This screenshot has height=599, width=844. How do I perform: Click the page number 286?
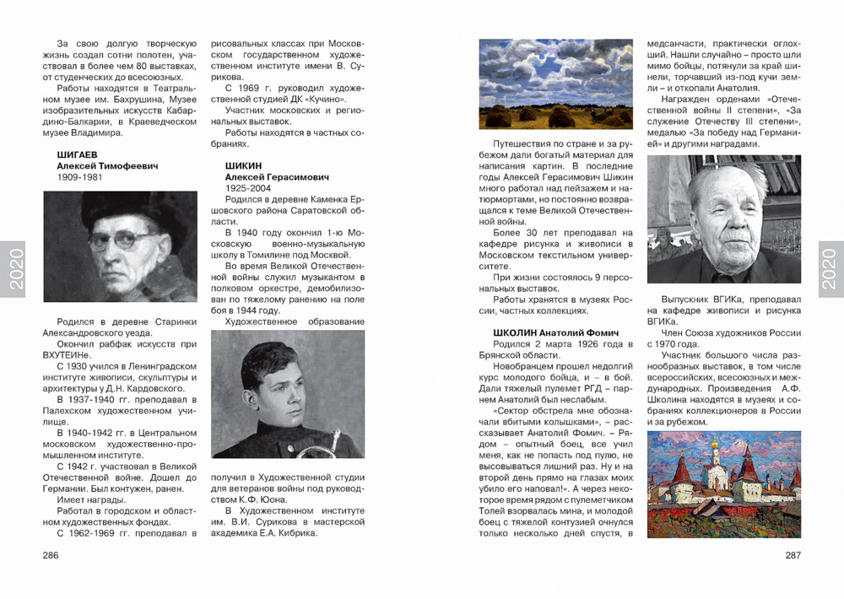pos(51,555)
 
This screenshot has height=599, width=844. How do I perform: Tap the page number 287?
pos(793,555)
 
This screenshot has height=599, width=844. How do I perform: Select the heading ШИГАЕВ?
pos(76,154)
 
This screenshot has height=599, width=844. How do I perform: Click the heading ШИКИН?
pos(243,165)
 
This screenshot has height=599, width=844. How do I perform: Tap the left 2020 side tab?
pos(13,269)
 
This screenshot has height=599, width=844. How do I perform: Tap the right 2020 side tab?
pos(830,269)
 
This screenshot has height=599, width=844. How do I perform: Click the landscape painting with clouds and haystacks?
pos(555,84)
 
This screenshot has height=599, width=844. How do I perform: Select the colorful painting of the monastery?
pos(723,483)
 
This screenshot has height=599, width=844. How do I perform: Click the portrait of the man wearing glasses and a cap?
pos(120,246)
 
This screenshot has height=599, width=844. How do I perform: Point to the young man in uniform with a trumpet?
pos(288,394)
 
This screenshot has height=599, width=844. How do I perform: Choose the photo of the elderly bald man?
pos(723,219)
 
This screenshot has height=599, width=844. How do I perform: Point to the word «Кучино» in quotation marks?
pos(323,99)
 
